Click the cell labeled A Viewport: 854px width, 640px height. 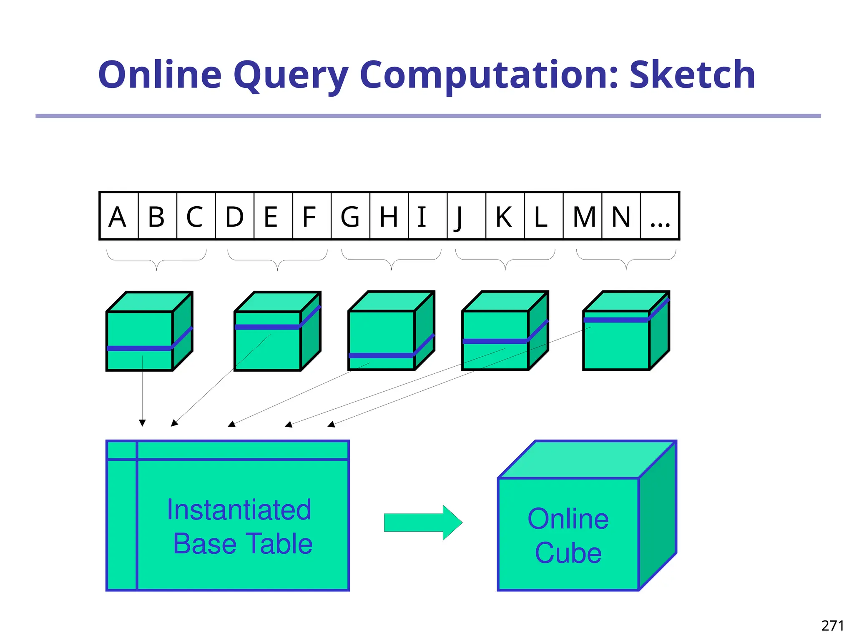118,216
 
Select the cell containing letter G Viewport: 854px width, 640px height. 350,216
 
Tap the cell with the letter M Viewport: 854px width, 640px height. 583,216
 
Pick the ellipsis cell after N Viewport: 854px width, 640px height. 660,216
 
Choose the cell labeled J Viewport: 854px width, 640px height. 466,216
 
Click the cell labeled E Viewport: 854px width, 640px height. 273,216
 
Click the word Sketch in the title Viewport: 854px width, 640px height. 692,75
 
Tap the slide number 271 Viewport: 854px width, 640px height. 832,625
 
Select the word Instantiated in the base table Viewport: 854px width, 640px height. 239,510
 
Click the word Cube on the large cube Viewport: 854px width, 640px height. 568,553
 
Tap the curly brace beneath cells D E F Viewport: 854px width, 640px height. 277,260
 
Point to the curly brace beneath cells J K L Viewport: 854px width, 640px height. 505,260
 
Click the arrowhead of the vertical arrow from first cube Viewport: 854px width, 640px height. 142,423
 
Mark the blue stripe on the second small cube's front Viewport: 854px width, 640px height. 267,327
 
